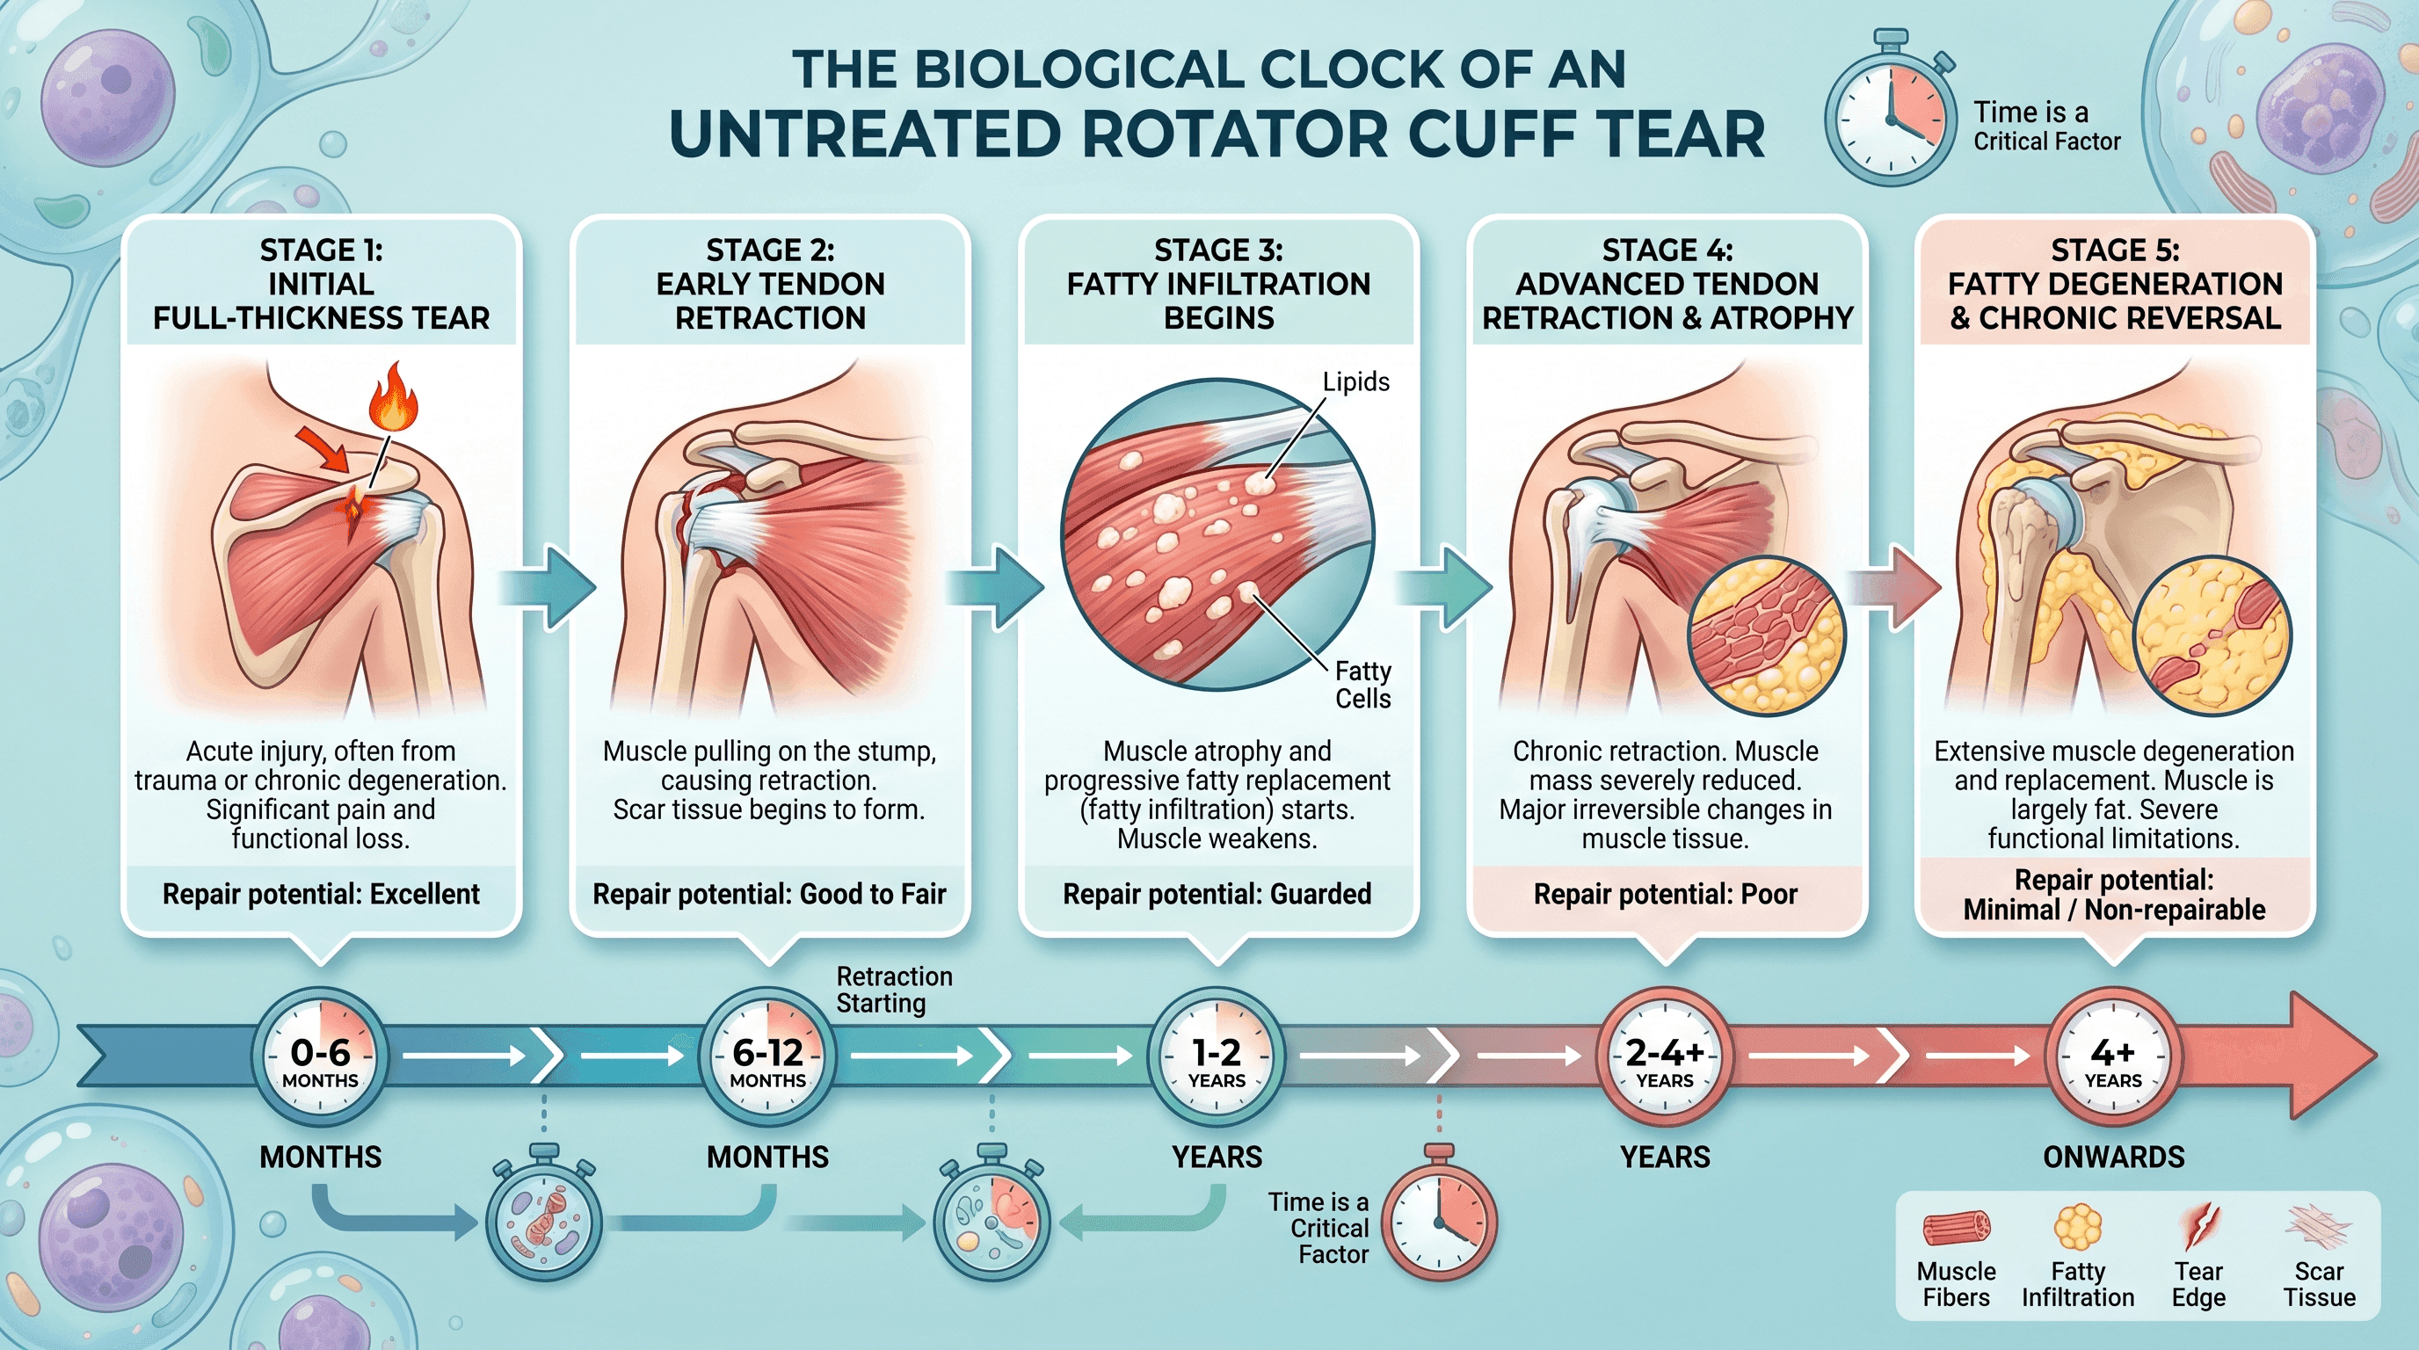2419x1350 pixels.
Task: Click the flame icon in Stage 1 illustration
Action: point(394,398)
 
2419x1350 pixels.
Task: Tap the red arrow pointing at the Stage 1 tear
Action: point(323,449)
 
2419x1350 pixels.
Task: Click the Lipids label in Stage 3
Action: point(1356,382)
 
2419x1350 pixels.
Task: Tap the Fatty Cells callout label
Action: point(1362,685)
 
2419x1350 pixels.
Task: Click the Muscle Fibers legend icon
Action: point(1957,1227)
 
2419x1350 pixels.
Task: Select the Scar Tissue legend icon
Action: point(2319,1226)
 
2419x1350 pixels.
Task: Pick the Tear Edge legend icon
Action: point(2198,1226)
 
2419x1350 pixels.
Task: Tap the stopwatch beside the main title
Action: point(1889,110)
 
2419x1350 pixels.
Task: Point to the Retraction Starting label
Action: point(894,991)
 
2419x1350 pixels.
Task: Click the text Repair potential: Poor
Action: point(1665,895)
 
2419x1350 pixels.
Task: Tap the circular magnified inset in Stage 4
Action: point(1767,635)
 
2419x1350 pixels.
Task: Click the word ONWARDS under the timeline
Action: point(2114,1158)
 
